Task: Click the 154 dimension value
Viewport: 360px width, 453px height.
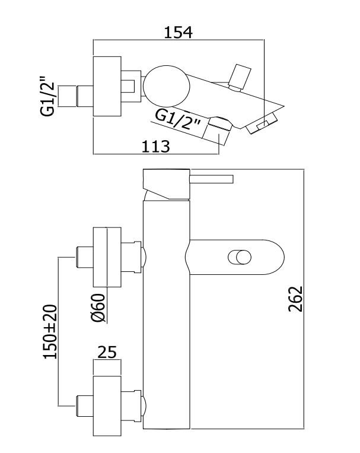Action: coord(178,32)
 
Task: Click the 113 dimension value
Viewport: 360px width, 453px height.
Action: coord(155,147)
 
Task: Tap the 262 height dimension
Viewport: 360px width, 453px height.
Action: coord(295,299)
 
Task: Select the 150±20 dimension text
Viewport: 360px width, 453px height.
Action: coord(50,332)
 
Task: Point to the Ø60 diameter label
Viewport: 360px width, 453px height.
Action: coord(98,308)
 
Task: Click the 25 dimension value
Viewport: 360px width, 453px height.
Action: coord(107,352)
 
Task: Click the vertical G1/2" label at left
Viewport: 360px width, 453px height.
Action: coord(47,96)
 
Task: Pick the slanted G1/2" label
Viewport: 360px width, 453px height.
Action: coord(177,121)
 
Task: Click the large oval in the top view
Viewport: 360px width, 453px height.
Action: coord(167,86)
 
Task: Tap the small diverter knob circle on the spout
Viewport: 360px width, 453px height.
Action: coord(240,257)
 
